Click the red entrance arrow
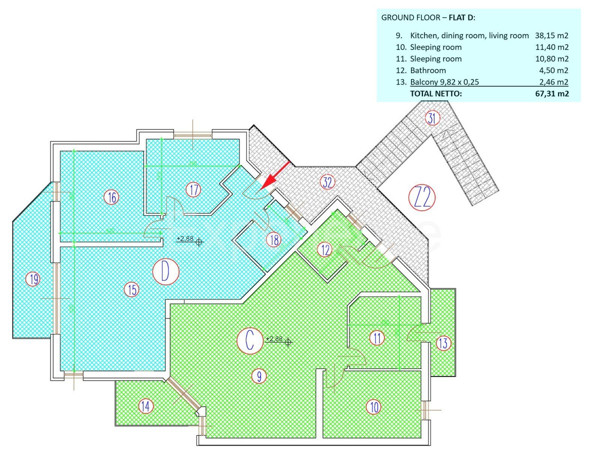[275, 175]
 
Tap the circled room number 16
[111, 197]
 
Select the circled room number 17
[193, 189]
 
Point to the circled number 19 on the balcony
[33, 279]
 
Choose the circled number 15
[131, 289]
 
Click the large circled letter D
[166, 271]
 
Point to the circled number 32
[327, 182]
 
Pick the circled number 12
[325, 249]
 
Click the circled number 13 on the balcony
[443, 343]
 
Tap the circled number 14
[145, 406]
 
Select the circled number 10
[373, 407]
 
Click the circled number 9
[258, 376]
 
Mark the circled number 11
[377, 338]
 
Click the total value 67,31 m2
[551, 93]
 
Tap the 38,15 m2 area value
[551, 35]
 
